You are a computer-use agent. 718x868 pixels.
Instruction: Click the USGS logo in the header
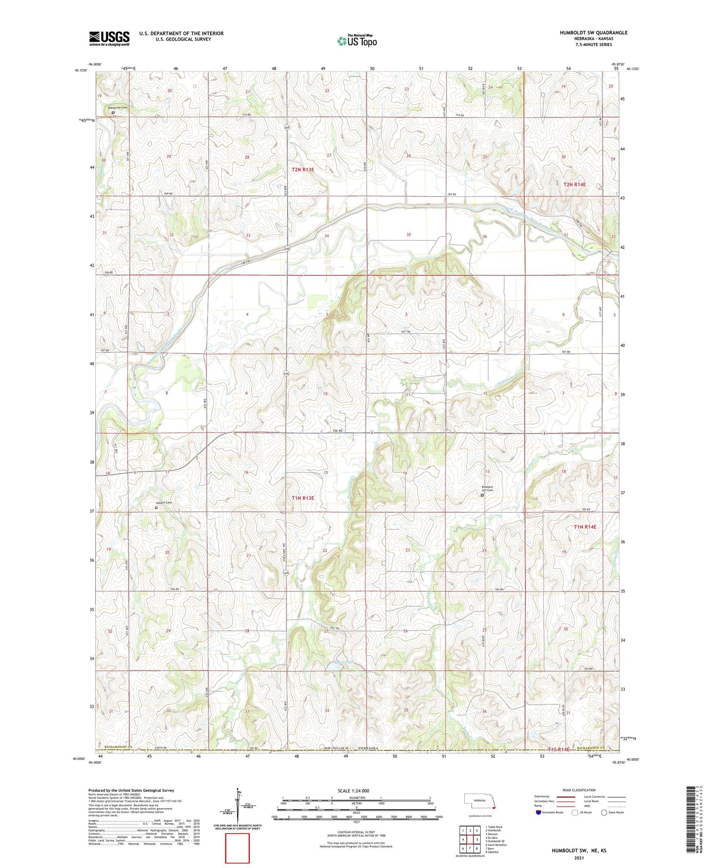point(109,38)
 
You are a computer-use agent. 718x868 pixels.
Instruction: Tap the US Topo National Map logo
point(357,41)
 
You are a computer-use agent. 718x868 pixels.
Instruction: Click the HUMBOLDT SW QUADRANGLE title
point(593,33)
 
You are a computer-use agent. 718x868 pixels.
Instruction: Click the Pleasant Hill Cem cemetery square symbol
point(482,496)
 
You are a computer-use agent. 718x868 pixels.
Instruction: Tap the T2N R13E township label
point(303,169)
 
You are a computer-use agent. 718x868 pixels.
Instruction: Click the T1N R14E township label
point(585,527)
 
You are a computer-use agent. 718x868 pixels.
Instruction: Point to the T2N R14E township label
point(574,184)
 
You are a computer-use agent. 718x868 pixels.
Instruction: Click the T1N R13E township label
point(303,498)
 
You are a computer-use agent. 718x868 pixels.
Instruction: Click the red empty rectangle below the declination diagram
point(237,848)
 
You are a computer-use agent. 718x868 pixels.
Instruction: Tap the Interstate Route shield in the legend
point(538,812)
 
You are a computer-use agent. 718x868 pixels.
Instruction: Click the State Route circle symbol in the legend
point(604,812)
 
